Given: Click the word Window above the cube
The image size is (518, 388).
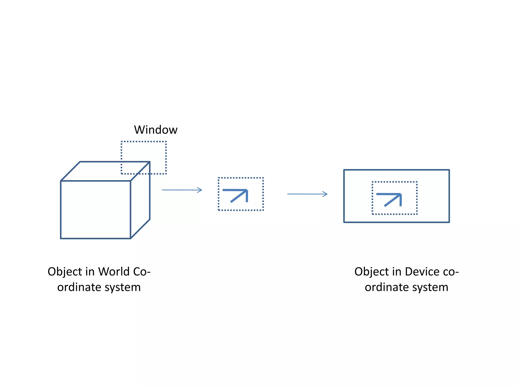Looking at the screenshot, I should click(156, 130).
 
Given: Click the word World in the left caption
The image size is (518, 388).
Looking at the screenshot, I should click(114, 272).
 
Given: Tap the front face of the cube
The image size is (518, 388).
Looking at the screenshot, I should click(96, 210).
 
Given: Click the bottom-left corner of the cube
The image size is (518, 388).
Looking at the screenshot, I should click(61, 238).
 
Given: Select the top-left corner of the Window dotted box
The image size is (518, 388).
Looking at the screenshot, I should click(121, 142).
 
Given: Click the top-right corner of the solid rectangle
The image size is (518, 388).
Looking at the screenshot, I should click(449, 170).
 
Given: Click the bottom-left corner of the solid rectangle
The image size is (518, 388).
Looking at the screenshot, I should click(344, 222).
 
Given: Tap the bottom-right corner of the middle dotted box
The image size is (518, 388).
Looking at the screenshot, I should click(263, 210).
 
